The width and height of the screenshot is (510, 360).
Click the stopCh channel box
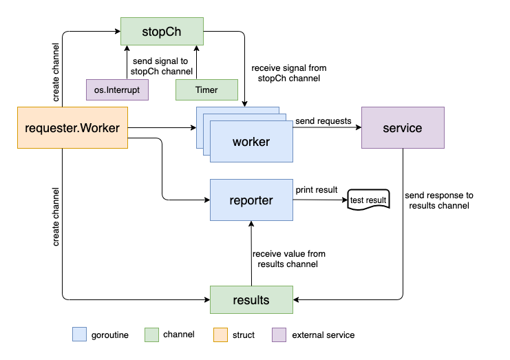(x=162, y=32)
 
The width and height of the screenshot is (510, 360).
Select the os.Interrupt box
(x=117, y=90)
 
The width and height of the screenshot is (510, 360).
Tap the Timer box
(x=206, y=90)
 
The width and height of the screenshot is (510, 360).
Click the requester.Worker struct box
(x=72, y=127)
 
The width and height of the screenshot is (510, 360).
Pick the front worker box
(x=251, y=142)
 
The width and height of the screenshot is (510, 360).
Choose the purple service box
(x=403, y=127)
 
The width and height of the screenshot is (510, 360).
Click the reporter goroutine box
(x=251, y=200)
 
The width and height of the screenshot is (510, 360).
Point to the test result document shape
(x=368, y=200)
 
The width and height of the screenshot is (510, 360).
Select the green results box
(x=251, y=300)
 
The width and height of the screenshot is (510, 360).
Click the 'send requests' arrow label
(x=323, y=121)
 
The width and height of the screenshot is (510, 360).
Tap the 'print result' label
(x=317, y=189)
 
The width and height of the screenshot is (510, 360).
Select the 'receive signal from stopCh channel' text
(x=289, y=73)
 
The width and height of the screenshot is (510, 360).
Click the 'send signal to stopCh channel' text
(x=161, y=66)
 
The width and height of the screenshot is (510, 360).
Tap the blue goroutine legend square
(x=79, y=335)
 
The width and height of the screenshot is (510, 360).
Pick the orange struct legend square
(x=220, y=335)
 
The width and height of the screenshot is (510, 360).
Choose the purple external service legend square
(x=279, y=335)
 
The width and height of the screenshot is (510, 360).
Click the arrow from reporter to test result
(x=320, y=200)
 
